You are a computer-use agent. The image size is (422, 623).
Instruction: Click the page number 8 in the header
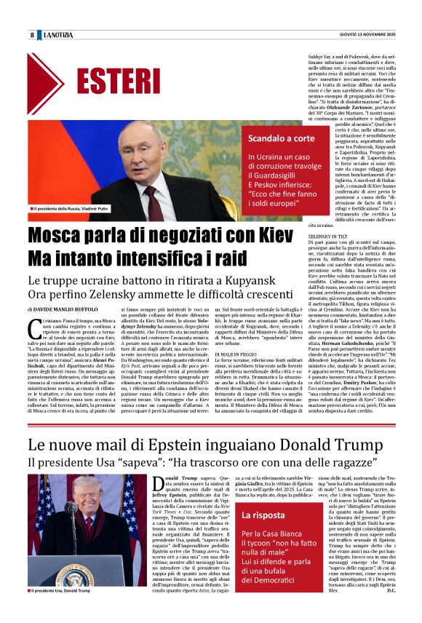pyautogui.click(x=32, y=35)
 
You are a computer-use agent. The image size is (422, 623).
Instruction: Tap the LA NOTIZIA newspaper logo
pyautogui.click(x=58, y=35)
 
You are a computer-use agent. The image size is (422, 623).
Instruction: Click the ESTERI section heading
pyautogui.click(x=117, y=82)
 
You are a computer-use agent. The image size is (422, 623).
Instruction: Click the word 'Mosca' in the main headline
pyautogui.click(x=59, y=237)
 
